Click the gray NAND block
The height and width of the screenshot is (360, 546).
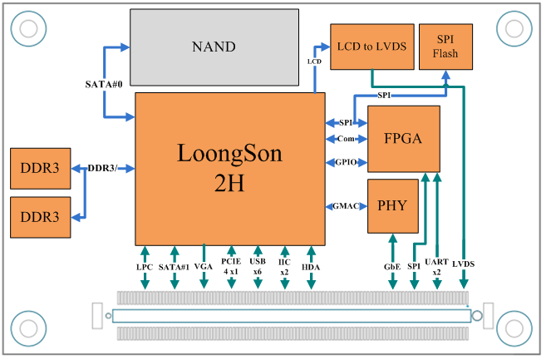pyautogui.click(x=214, y=47)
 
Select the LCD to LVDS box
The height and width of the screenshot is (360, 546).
pyautogui.click(x=371, y=46)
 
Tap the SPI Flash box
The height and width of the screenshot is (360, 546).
pyautogui.click(x=445, y=46)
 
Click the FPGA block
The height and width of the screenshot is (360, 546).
pyautogui.click(x=403, y=138)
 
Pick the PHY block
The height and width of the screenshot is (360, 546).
pyautogui.click(x=391, y=205)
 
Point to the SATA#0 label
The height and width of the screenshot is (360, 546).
pyautogui.click(x=104, y=85)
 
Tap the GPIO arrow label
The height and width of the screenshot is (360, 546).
pyautogui.click(x=345, y=161)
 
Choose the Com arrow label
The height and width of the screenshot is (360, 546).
pyautogui.click(x=345, y=139)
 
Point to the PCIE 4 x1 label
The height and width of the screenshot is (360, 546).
pyautogui.click(x=231, y=266)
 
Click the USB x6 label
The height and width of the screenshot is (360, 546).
pyautogui.click(x=258, y=266)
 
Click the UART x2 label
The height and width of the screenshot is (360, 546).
pyautogui.click(x=437, y=266)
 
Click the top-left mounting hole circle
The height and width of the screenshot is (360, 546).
pyautogui.click(x=27, y=28)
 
